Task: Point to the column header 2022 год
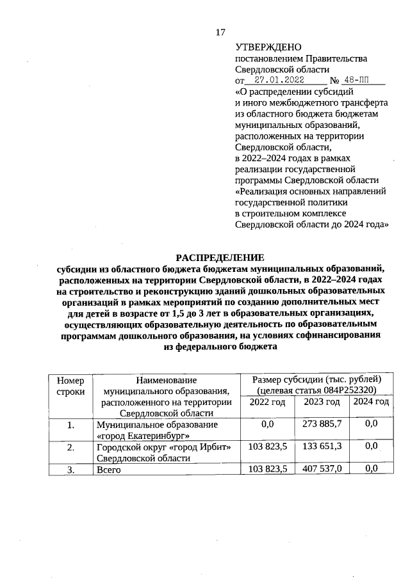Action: coord(266,402)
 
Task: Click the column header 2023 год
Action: coord(321,402)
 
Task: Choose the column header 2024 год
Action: coord(371,402)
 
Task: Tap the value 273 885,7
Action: coord(321,424)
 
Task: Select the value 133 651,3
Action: coord(321,446)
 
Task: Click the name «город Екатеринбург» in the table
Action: coord(142,435)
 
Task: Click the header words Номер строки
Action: coord(70,385)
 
